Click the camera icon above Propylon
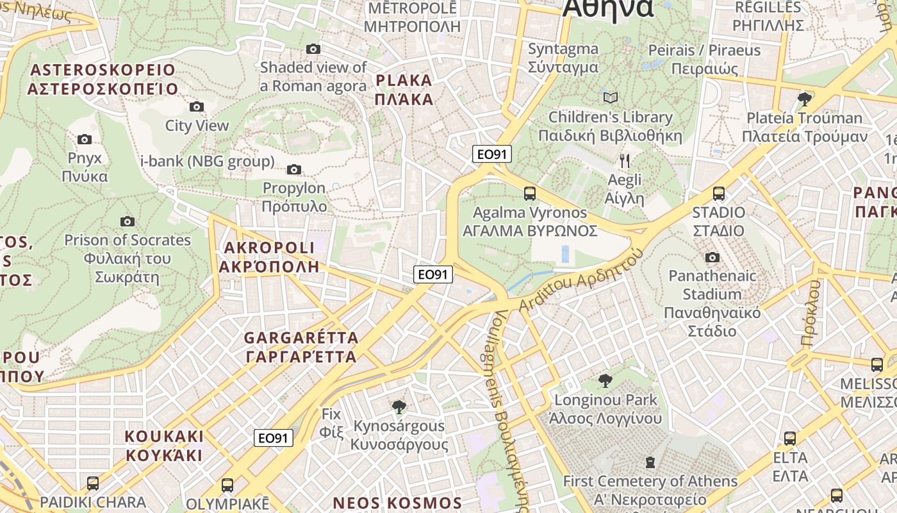pos(294,169)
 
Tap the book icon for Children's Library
pos(611,97)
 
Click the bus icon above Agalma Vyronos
pos(529,193)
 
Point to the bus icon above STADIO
pos(719,193)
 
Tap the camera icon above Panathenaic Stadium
pos(712,257)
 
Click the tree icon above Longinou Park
pos(605,381)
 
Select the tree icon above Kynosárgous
pos(399,407)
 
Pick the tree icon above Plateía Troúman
pos(805,99)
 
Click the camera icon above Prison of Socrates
pos(128,221)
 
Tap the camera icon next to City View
pos(197,106)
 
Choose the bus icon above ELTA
pos(790,439)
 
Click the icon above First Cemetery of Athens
pos(650,462)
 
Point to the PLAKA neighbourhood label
pos(404,90)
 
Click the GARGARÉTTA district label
pos(301,347)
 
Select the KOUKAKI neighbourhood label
pos(164,446)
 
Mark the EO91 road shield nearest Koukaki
pos(274,438)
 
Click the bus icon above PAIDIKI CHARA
pos(93,483)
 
